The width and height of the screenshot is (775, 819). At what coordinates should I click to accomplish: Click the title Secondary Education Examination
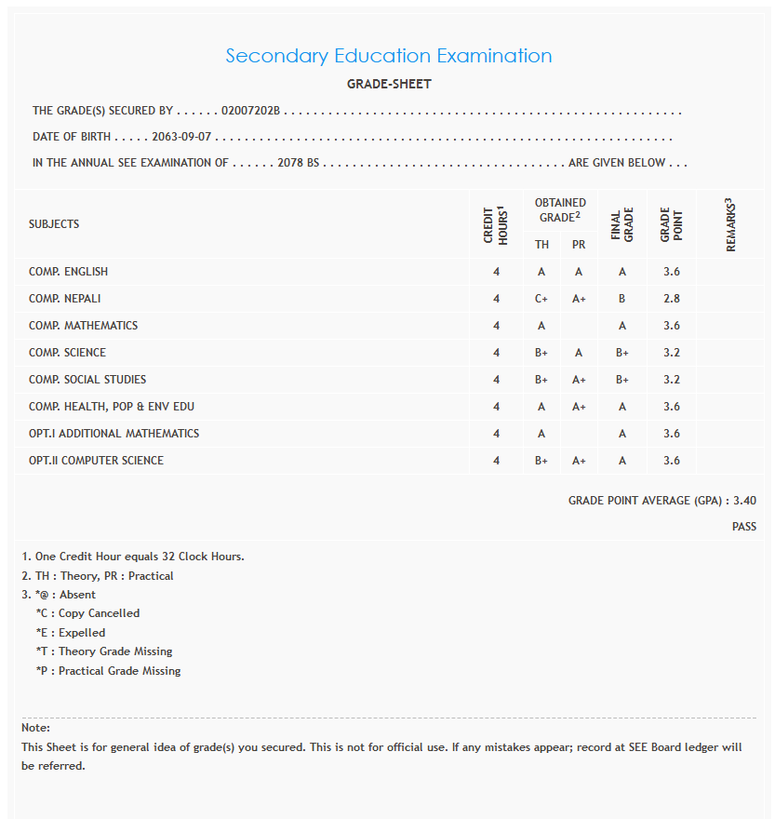pos(388,56)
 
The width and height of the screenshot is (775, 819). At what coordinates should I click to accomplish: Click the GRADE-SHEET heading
pos(389,85)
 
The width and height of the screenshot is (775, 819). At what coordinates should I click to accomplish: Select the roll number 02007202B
pos(250,111)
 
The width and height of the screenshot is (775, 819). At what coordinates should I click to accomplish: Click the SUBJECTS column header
pos(54,224)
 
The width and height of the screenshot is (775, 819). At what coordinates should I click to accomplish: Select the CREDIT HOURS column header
pos(496,224)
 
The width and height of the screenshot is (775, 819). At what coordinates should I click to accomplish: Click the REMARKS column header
pos(730,224)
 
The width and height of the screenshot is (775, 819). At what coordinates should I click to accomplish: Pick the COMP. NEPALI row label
pos(65,299)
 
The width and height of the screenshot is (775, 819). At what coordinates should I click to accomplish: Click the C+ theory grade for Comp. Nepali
pos(541,299)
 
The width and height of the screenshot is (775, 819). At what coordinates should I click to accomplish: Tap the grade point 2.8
pos(672,299)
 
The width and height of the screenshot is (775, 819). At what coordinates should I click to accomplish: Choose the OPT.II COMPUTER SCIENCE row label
pos(96,461)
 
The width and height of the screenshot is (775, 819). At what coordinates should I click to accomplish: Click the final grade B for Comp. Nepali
pos(622,299)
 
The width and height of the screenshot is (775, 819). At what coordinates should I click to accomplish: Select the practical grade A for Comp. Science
pos(579,353)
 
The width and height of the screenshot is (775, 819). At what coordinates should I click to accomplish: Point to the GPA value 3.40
pos(744,501)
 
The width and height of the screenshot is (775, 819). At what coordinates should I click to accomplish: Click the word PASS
pos(743,527)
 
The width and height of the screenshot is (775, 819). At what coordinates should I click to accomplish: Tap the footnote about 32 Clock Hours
pos(133,557)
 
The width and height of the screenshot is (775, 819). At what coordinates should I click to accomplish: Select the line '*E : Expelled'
pos(71,633)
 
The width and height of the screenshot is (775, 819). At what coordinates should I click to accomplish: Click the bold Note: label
pos(35,728)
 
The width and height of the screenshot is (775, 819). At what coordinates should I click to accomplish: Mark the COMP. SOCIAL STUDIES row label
pos(87,380)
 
